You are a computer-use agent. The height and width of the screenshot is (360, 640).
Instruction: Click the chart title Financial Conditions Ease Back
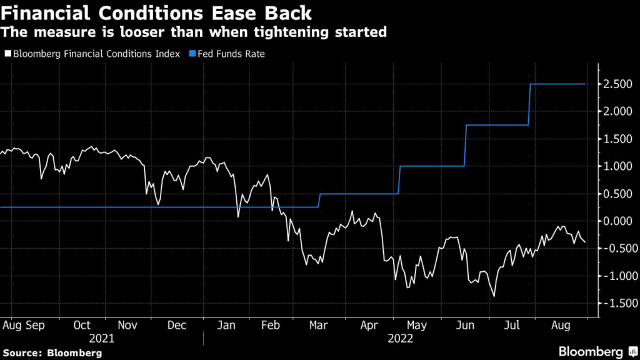[157, 12]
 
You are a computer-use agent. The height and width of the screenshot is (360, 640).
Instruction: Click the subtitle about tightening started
[194, 32]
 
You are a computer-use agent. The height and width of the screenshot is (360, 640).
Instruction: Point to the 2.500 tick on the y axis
[617, 84]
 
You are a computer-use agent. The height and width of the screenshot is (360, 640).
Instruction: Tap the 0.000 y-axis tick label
[617, 221]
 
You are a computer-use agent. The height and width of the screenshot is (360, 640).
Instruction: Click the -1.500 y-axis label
[616, 303]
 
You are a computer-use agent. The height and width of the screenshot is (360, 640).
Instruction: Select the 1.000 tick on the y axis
[617, 166]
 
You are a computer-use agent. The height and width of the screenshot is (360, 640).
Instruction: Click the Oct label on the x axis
[82, 326]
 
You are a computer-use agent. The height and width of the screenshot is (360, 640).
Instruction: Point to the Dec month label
[177, 326]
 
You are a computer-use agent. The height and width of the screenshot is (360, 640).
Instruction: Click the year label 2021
[102, 338]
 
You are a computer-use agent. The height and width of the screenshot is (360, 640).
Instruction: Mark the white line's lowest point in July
[494, 296]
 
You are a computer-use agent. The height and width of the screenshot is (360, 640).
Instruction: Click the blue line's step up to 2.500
[530, 104]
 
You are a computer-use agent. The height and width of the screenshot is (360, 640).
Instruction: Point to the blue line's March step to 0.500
[319, 200]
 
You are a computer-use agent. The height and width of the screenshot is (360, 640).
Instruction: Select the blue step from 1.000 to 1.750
[465, 146]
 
